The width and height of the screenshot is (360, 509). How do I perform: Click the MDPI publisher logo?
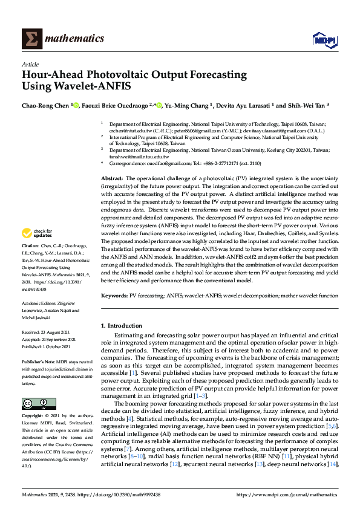coord(324,40)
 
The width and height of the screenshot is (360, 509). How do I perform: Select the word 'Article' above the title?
coord(30,63)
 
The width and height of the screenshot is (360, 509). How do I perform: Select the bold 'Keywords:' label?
coord(115,296)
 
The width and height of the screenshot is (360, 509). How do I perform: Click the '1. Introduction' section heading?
coord(123,326)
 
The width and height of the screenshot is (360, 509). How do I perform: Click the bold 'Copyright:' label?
coord(33,417)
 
